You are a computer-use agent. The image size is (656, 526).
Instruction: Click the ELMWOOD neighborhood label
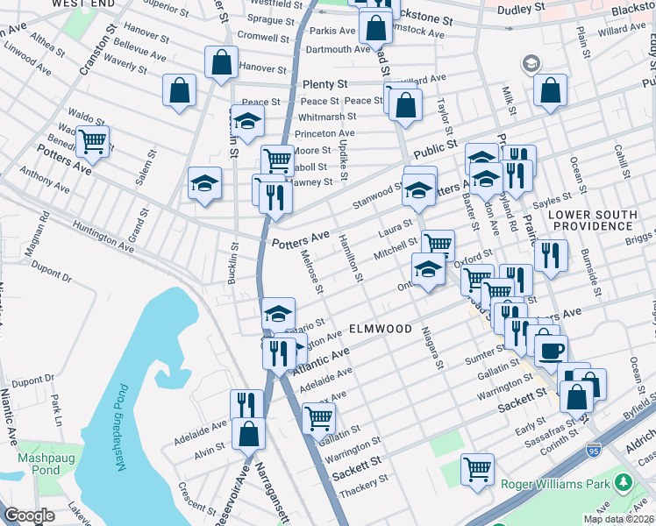(x=381, y=329)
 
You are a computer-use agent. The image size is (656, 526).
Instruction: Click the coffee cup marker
(x=551, y=351)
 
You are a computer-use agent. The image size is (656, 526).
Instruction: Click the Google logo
(x=29, y=515)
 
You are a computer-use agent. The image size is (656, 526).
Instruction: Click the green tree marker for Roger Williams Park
(x=623, y=482)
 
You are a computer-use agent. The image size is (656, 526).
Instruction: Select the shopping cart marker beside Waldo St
(x=92, y=140)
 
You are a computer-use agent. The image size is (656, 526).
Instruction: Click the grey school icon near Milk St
(x=531, y=64)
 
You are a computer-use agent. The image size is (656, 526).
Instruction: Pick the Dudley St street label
(x=521, y=10)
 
